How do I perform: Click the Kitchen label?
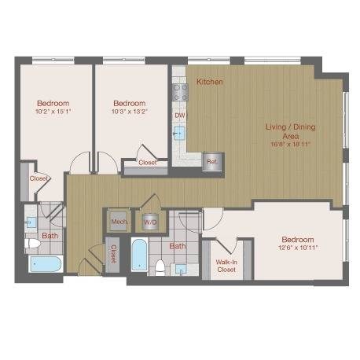pos(210,82)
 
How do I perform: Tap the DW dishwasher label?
pos(179,115)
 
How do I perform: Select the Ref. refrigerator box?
pos(211,162)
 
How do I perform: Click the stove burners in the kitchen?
pos(179,90)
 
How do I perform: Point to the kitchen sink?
pos(179,133)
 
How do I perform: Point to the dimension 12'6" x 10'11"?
pos(298,248)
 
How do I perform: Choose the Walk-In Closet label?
pos(226,265)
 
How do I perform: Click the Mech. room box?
pos(119,222)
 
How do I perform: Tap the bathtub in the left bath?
pos(45,263)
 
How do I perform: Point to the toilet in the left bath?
pos(32,243)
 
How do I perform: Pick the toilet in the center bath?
pos(160,268)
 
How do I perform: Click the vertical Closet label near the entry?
pos(113,254)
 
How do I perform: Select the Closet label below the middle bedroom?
pos(147,163)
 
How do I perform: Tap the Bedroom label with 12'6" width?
pos(298,239)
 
